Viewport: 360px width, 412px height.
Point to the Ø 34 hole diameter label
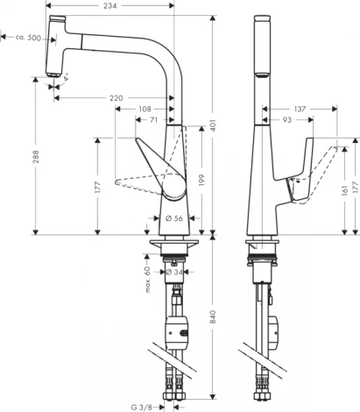(174, 271)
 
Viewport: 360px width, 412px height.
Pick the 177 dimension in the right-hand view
(356, 182)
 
